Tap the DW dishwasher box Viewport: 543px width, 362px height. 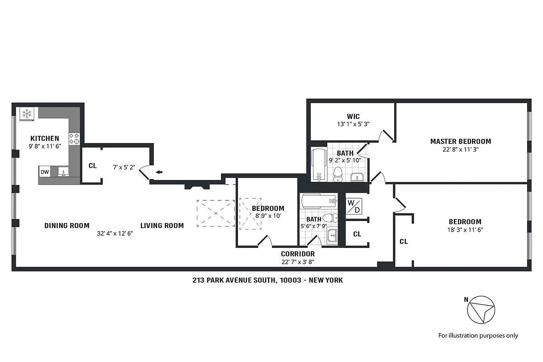coord(45,172)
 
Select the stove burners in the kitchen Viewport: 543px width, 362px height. coord(74,138)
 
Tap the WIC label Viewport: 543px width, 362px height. coord(353,117)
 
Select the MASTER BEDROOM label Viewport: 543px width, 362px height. coord(460,141)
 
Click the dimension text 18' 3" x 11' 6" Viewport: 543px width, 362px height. coord(465,230)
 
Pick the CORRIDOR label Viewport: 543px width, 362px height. coord(298,254)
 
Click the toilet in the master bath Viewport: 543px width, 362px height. coord(338,172)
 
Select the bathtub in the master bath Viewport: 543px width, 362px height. coord(319,164)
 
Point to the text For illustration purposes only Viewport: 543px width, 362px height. coord(478,335)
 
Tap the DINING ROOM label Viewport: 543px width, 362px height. coord(67,225)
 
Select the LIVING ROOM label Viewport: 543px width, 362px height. coord(162,225)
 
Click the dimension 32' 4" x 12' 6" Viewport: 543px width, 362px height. coord(114,234)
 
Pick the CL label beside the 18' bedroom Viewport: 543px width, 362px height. coord(404,242)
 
